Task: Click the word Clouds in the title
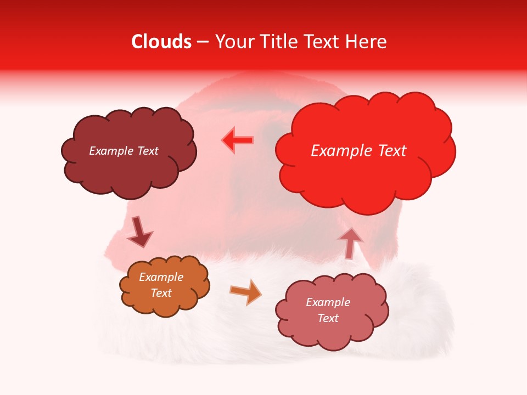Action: click(161, 42)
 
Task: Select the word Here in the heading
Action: click(367, 42)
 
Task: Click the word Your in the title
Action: click(234, 42)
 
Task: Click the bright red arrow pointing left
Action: click(237, 140)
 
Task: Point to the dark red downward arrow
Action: click(139, 233)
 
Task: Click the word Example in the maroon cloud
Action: click(110, 151)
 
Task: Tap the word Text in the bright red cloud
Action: click(387, 151)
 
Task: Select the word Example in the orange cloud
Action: click(161, 277)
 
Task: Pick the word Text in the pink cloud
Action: click(328, 318)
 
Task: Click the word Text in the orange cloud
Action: click(161, 293)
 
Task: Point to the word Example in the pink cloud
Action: click(328, 302)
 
